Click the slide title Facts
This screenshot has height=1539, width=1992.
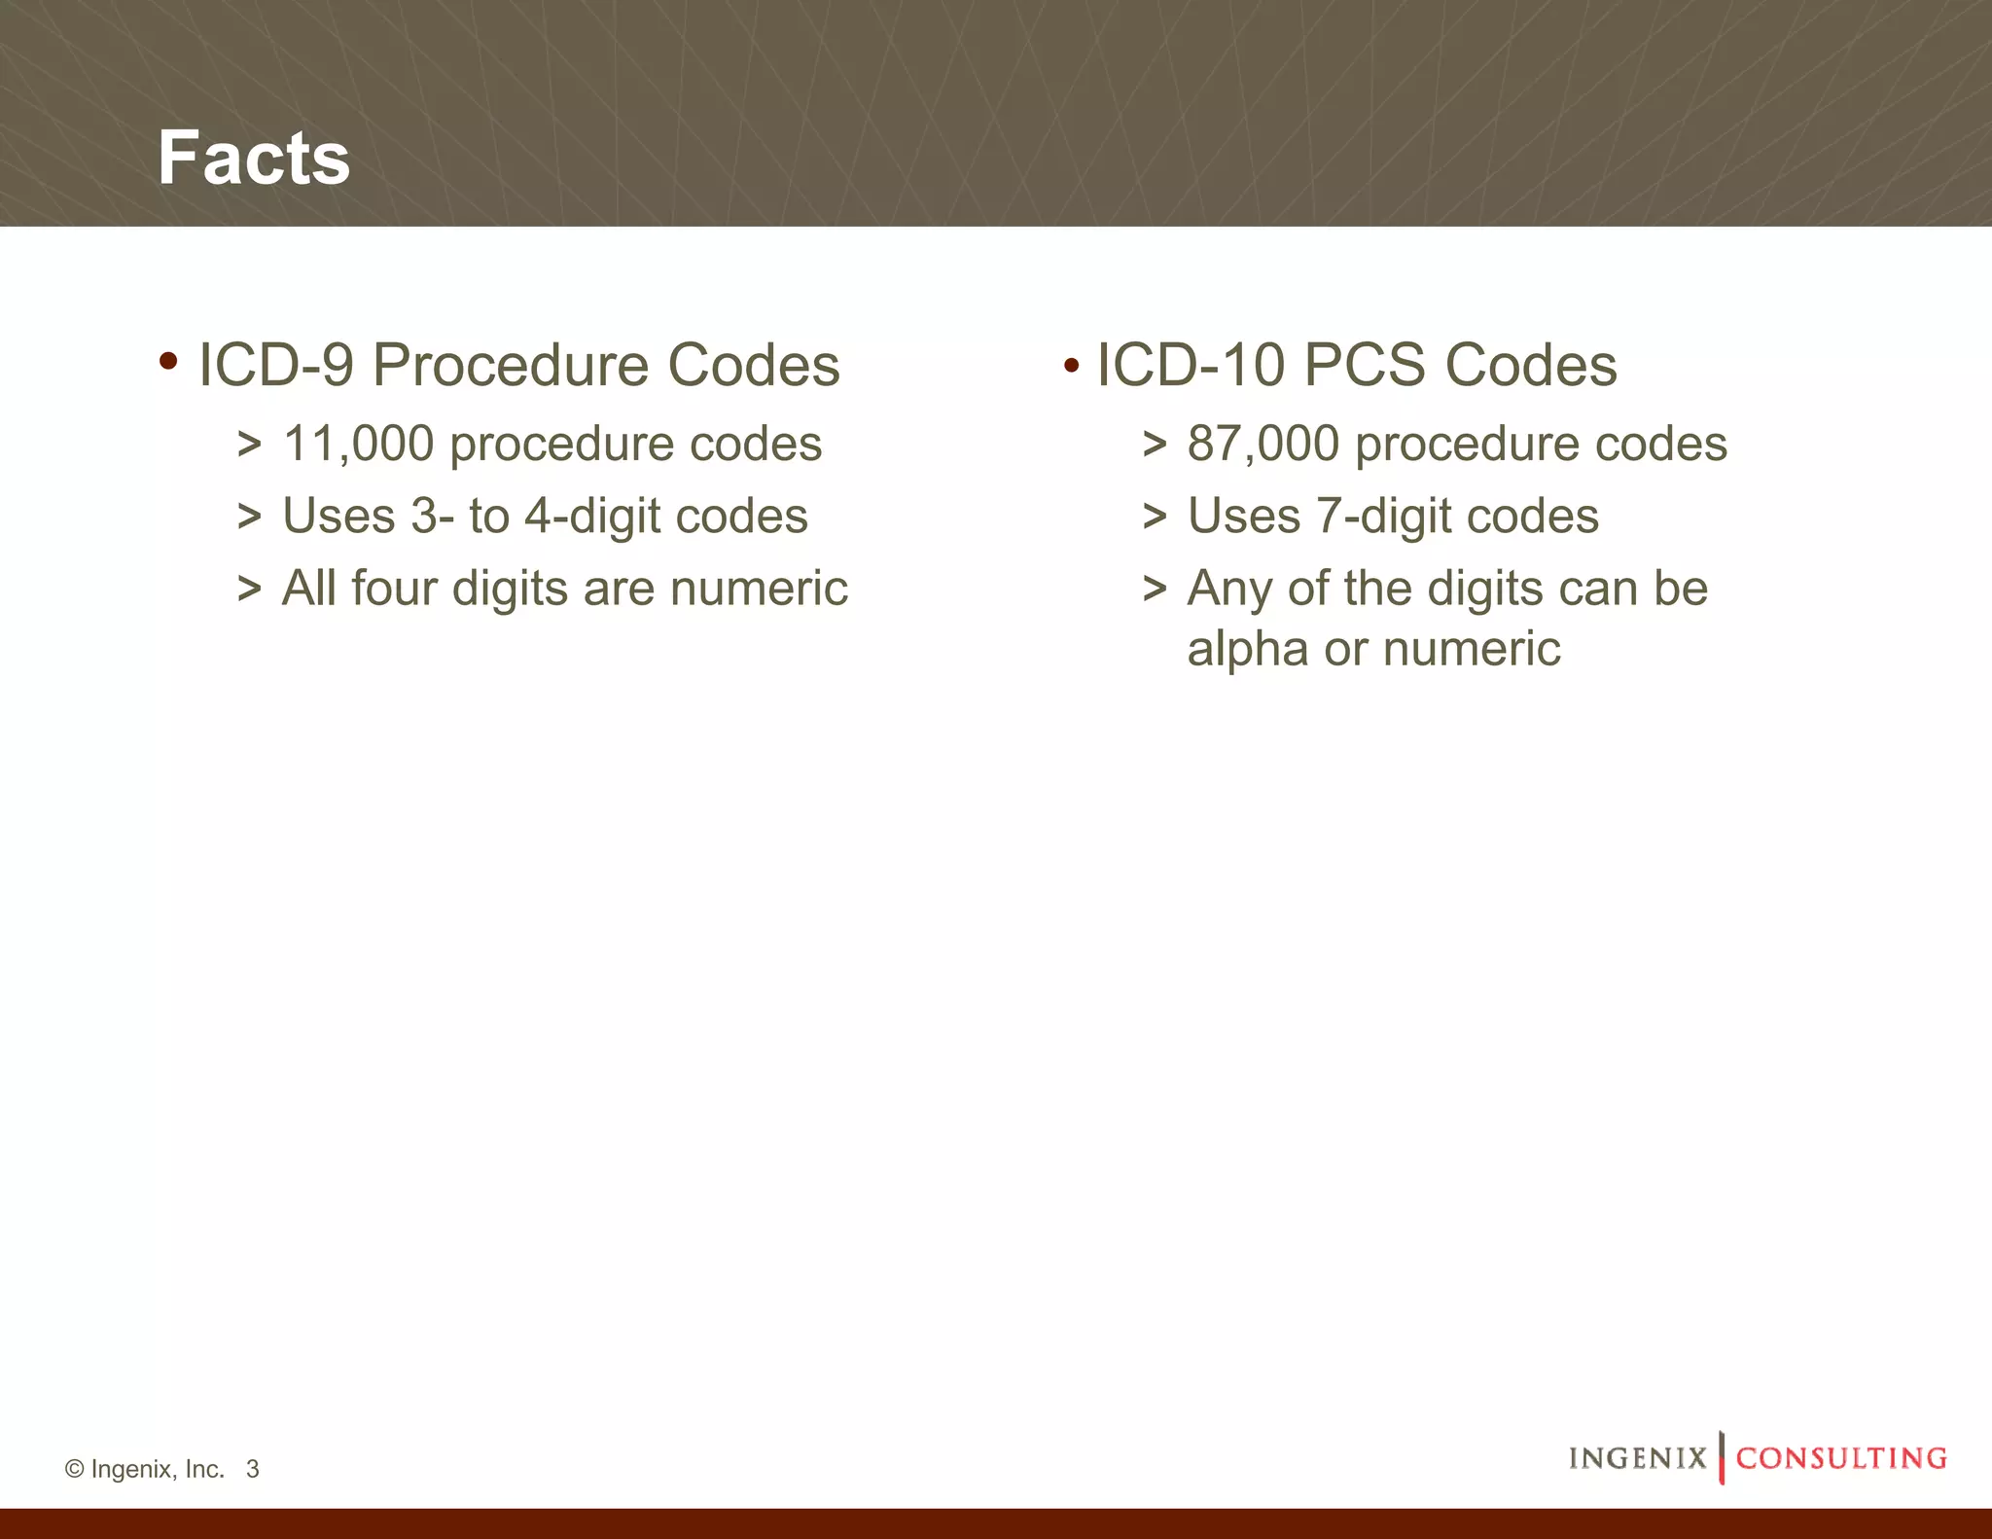click(254, 158)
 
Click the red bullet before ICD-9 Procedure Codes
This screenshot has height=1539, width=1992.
click(168, 362)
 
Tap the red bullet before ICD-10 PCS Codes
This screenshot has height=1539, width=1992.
click(1071, 367)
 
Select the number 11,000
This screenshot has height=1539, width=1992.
click(358, 444)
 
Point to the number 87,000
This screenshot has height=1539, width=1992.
click(1263, 444)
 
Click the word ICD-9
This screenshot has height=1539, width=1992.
click(275, 366)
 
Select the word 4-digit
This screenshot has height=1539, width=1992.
click(592, 517)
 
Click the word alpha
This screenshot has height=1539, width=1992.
click(1247, 650)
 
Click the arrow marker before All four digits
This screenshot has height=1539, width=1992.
click(249, 590)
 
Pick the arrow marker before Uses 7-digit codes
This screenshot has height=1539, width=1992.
click(1154, 517)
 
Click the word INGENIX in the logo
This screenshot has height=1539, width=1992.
click(1637, 1457)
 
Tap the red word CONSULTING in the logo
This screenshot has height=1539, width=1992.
click(1841, 1457)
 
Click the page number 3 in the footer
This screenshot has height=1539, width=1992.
click(253, 1469)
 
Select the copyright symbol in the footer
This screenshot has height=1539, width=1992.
click(74, 1469)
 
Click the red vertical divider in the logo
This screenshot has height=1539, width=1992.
click(1721, 1456)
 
